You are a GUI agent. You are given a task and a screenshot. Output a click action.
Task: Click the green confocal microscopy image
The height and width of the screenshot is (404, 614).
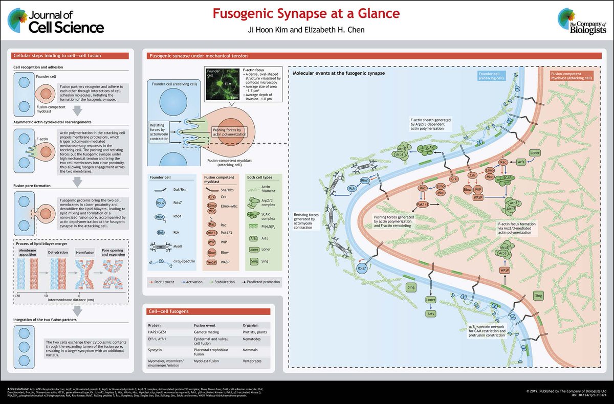point(221,83)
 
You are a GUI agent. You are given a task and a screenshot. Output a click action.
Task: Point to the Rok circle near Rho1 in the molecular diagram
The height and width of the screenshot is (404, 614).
point(353,189)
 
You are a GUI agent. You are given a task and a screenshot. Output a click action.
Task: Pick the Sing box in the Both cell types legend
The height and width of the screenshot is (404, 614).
point(252,260)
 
